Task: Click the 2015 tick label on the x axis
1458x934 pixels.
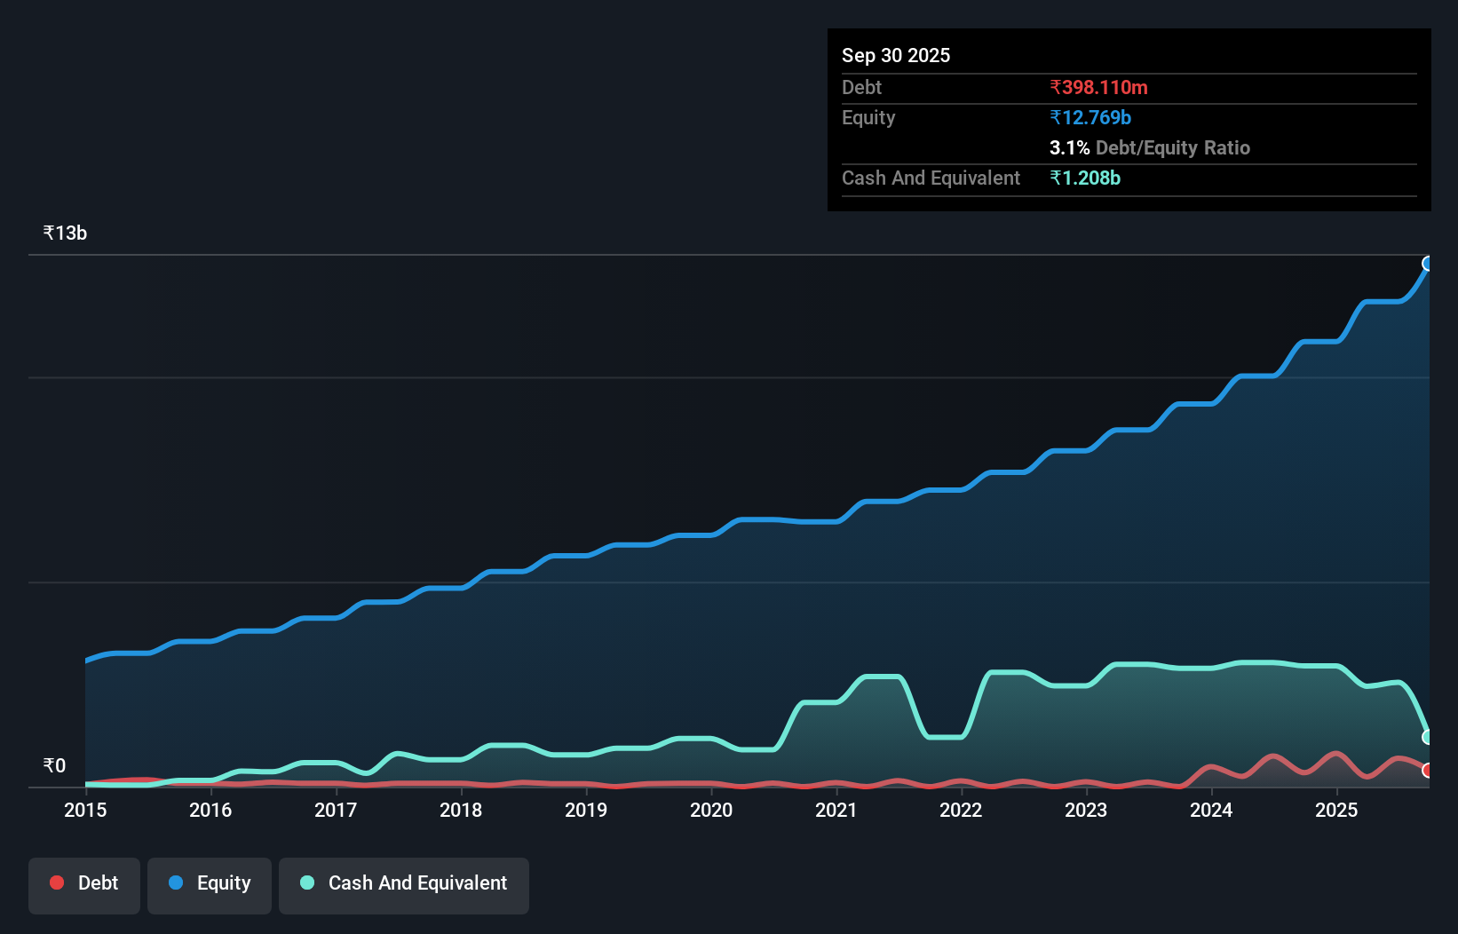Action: pyautogui.click(x=85, y=810)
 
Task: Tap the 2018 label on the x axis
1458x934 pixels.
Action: pyautogui.click(x=461, y=810)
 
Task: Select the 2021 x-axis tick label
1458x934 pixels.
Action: pyautogui.click(x=836, y=810)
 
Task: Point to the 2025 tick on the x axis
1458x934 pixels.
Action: pyautogui.click(x=1336, y=810)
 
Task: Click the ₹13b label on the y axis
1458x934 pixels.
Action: pyautogui.click(x=65, y=233)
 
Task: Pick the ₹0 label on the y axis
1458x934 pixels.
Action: pyautogui.click(x=54, y=765)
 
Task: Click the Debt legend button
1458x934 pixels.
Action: pyautogui.click(x=84, y=883)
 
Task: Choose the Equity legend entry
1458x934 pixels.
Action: pyautogui.click(x=210, y=883)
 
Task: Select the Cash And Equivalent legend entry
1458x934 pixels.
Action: pyautogui.click(x=404, y=883)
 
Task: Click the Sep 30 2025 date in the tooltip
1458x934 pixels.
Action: pyautogui.click(x=896, y=55)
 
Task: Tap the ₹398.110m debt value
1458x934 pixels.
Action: pyautogui.click(x=1098, y=87)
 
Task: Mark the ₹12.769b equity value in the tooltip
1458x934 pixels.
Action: pyautogui.click(x=1090, y=117)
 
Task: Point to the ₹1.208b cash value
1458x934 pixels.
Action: pyautogui.click(x=1085, y=178)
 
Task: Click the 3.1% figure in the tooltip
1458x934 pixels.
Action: pyautogui.click(x=1069, y=147)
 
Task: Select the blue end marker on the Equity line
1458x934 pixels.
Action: pyautogui.click(x=1428, y=264)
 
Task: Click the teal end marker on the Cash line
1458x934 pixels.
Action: pyautogui.click(x=1428, y=737)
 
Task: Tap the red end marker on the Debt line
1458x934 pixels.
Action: pyautogui.click(x=1428, y=771)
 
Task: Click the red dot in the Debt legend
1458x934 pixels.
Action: pyautogui.click(x=57, y=883)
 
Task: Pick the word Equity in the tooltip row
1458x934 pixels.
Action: pyautogui.click(x=868, y=117)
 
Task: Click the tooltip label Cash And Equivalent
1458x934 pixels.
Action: pyautogui.click(x=931, y=178)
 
